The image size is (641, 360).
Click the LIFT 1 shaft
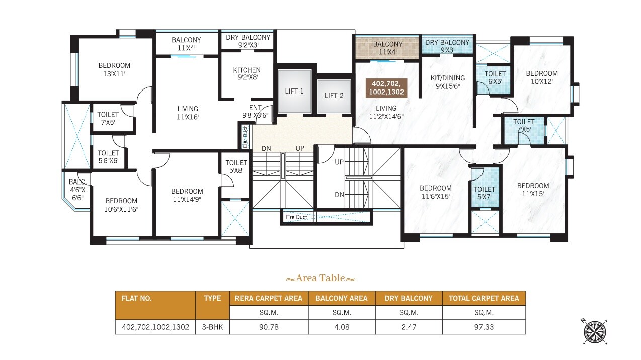pyautogui.click(x=294, y=91)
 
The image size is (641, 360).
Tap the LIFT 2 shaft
pyautogui.click(x=334, y=96)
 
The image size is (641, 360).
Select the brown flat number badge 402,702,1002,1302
pyautogui.click(x=386, y=88)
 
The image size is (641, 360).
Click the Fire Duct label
pyautogui.click(x=296, y=217)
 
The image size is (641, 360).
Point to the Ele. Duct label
pyautogui.click(x=245, y=137)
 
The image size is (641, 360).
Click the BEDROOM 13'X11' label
pyautogui.click(x=114, y=70)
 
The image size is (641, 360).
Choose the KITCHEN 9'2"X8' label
pyautogui.click(x=247, y=74)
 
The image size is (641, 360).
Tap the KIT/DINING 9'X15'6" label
pyautogui.click(x=448, y=82)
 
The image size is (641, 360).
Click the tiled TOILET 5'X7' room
pyautogui.click(x=485, y=188)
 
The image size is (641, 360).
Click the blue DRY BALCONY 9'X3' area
pyautogui.click(x=447, y=46)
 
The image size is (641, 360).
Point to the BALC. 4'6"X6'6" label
pyautogui.click(x=77, y=190)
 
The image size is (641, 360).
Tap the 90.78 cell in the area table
pyautogui.click(x=269, y=327)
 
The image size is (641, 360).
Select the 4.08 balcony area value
pyautogui.click(x=342, y=327)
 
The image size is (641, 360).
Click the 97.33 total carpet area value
pyautogui.click(x=484, y=327)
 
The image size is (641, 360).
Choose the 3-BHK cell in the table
pyautogui.click(x=212, y=327)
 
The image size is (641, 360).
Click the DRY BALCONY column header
pyautogui.click(x=409, y=298)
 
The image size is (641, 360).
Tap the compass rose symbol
pyautogui.click(x=595, y=332)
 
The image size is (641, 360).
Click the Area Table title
pyautogui.click(x=320, y=278)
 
